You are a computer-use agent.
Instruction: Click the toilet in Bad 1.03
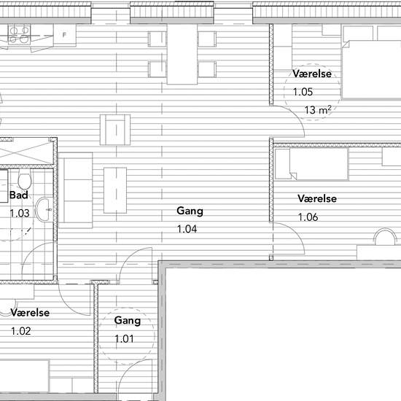coord(25,179)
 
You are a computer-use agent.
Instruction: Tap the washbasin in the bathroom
coord(44,210)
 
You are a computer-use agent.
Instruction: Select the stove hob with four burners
coord(19,34)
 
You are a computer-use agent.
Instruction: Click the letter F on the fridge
coord(64,34)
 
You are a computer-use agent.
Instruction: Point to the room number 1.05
coord(303,92)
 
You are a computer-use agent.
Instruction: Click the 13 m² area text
coord(318,109)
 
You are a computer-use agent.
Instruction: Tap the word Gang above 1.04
coord(190,211)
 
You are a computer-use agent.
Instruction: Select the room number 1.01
coord(124,339)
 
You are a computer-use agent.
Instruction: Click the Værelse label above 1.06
coord(317,198)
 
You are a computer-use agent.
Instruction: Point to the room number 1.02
coord(21,331)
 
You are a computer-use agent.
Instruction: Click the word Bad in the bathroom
coord(19,195)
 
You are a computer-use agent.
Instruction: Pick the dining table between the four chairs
coord(182,54)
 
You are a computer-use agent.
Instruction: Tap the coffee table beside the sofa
coord(115,190)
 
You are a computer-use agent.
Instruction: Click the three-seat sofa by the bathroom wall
coord(75,190)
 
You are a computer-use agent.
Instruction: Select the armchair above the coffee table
coord(115,130)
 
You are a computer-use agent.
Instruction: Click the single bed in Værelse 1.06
coord(311,164)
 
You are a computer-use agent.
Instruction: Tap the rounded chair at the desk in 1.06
coord(385,237)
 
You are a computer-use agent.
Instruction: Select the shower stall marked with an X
coord(26,152)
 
